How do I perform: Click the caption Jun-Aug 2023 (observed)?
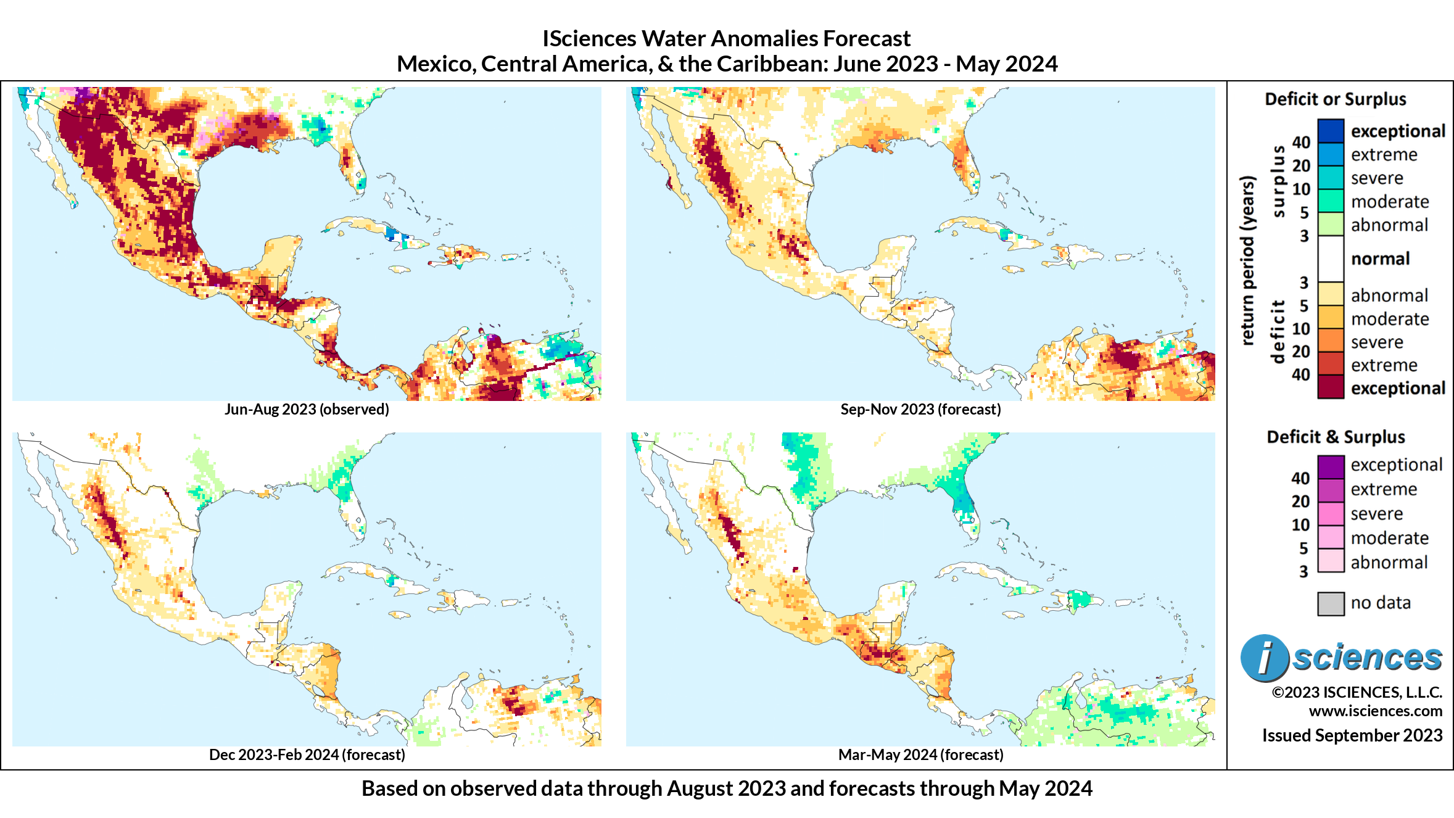coord(307,410)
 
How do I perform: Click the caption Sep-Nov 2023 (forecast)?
coord(920,410)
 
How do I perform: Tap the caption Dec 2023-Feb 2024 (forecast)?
coord(307,755)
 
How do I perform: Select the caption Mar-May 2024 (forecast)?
coord(920,755)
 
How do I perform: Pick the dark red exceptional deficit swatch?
coord(1331,387)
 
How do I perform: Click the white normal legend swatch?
coord(1331,258)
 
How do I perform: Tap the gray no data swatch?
coord(1331,603)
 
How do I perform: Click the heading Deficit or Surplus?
coord(1335,99)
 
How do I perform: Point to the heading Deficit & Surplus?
coord(1336,437)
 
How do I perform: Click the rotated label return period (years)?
coord(1248,260)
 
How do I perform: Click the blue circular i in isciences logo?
coord(1264,658)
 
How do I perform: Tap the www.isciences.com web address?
coord(1375,711)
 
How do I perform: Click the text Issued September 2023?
coord(1352,735)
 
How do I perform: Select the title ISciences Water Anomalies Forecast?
coord(726,39)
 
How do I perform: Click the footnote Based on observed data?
coord(726,789)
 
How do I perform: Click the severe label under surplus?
coord(1376,178)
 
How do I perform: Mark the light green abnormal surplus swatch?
coord(1331,225)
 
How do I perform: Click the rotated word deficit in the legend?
coord(1278,331)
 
